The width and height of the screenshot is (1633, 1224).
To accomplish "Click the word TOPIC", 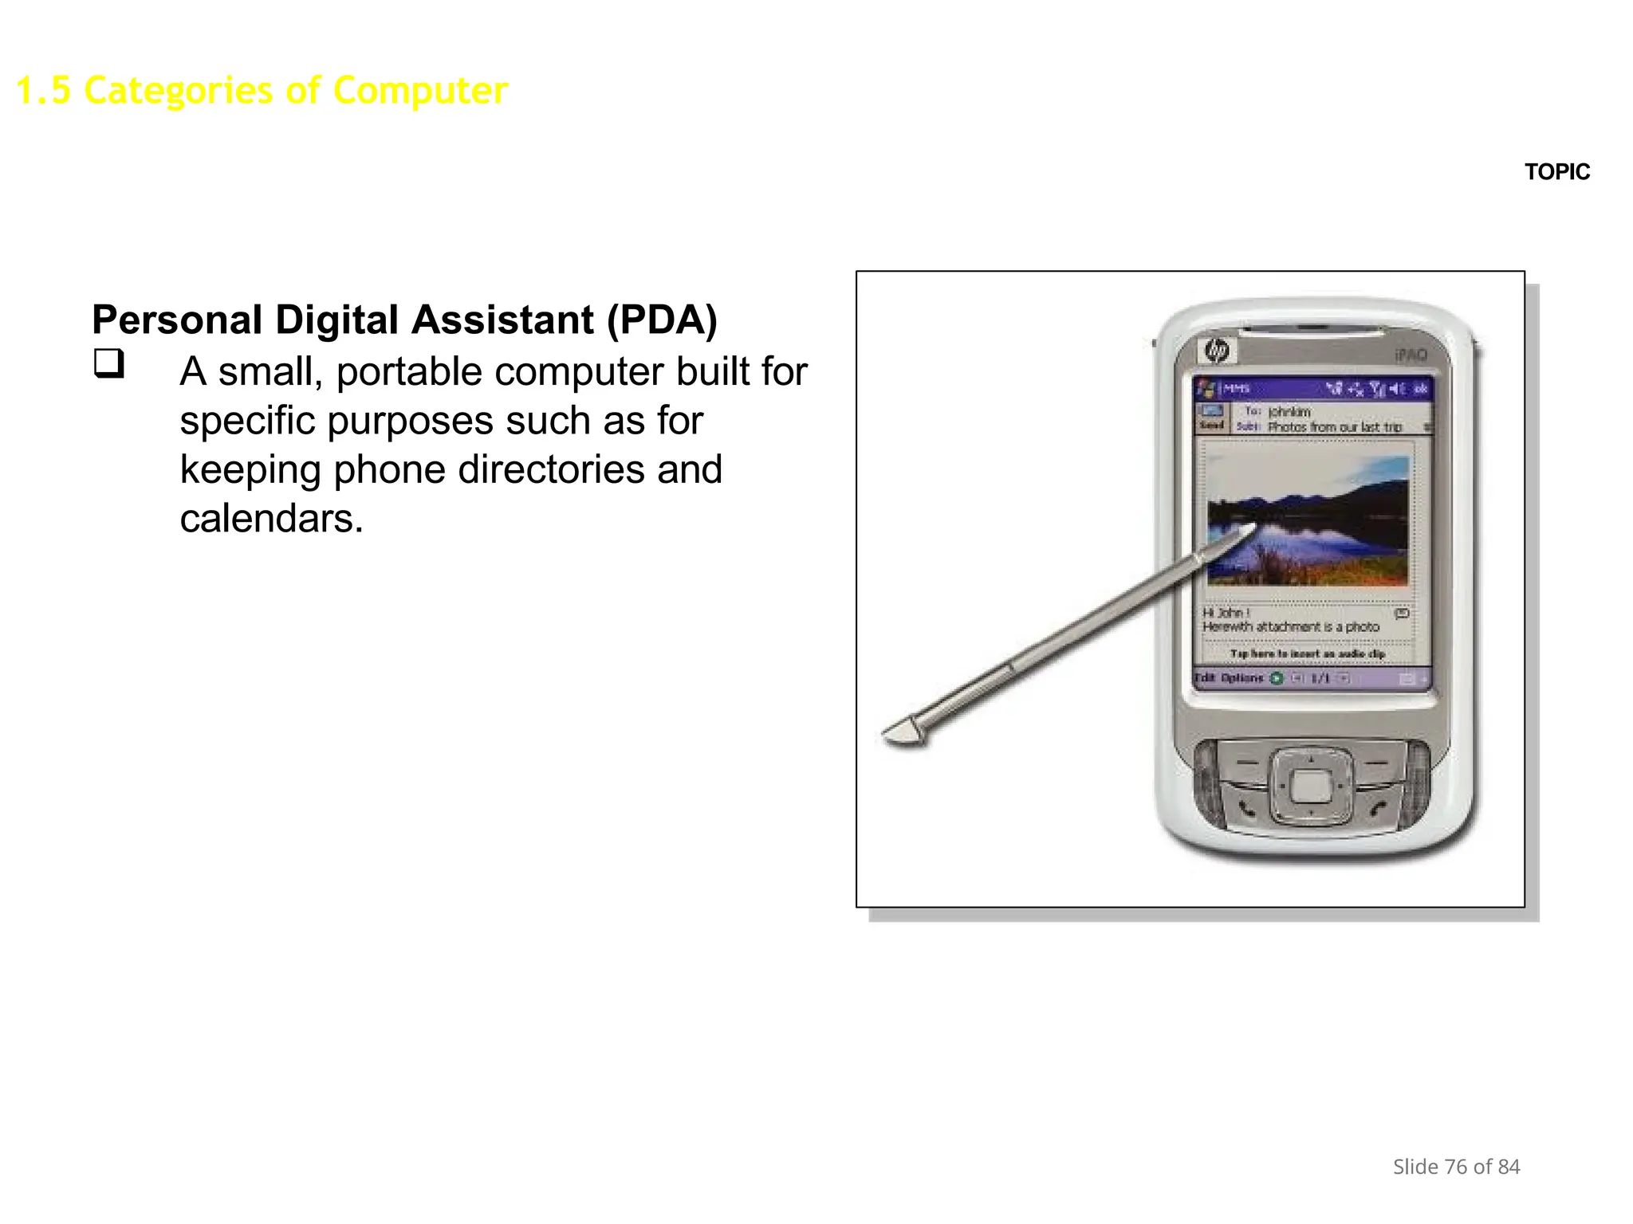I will [x=1556, y=172].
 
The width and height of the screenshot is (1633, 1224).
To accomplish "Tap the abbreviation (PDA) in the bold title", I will [x=662, y=320].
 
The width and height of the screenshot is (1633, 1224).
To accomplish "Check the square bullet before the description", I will [x=109, y=363].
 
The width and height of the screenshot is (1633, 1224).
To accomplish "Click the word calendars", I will [x=271, y=519].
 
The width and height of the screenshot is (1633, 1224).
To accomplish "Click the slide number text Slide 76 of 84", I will [x=1456, y=1167].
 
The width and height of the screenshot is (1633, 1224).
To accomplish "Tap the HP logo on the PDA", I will [x=1217, y=351].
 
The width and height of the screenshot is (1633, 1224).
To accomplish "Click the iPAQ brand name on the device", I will [x=1411, y=355].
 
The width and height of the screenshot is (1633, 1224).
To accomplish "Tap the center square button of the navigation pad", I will [x=1310, y=787].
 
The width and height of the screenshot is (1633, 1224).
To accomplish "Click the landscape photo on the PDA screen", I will [x=1308, y=522].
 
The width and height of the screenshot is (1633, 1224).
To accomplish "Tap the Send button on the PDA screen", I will [x=1212, y=418].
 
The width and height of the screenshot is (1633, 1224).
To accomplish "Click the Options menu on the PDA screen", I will [x=1242, y=678].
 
